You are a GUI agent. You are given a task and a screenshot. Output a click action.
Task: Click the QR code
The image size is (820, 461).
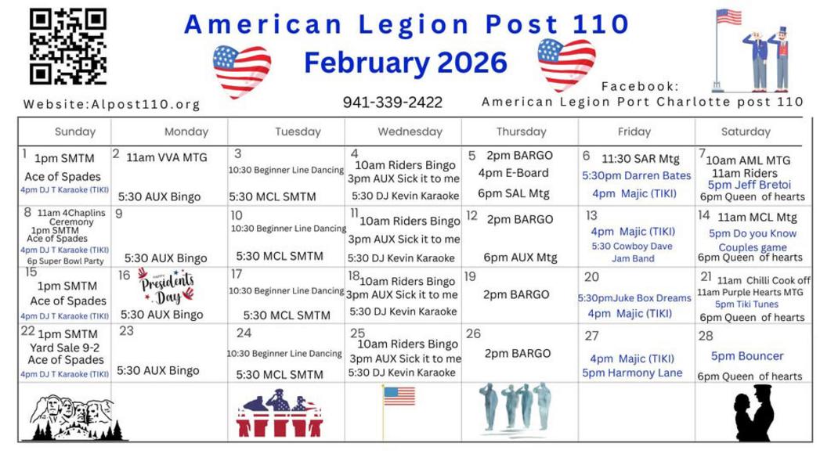click(x=68, y=46)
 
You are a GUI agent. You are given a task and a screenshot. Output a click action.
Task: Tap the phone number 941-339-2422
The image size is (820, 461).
click(x=392, y=103)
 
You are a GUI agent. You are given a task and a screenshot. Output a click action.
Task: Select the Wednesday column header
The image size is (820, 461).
click(x=410, y=131)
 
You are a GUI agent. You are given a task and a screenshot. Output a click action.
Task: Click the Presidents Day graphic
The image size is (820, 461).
click(x=166, y=286)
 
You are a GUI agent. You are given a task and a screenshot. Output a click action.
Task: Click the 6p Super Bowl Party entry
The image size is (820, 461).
click(x=65, y=261)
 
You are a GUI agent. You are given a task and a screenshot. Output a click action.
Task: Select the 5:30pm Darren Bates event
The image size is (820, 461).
click(x=637, y=175)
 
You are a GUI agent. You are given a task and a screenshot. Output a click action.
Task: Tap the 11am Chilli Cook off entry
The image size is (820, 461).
click(x=764, y=280)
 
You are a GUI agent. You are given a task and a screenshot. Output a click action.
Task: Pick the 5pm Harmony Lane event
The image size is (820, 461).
click(x=632, y=373)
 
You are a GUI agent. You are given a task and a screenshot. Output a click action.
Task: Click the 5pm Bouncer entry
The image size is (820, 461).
click(x=747, y=356)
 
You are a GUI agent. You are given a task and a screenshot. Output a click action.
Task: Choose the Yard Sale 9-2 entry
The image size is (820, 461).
click(x=65, y=348)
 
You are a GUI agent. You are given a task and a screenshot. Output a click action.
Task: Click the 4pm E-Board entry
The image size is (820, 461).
click(x=514, y=173)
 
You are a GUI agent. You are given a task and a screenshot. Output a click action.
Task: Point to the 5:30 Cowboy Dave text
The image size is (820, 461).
click(x=632, y=247)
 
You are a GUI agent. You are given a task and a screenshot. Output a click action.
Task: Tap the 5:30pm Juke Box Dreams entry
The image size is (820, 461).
click(x=634, y=298)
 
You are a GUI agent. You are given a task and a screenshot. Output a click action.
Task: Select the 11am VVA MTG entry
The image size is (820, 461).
click(x=167, y=157)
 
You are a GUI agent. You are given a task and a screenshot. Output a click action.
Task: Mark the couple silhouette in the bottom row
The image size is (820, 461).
click(x=753, y=413)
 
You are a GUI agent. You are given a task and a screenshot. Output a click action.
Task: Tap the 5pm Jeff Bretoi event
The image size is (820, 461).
click(x=749, y=185)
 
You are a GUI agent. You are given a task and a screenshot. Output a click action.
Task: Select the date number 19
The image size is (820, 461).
click(x=470, y=276)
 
